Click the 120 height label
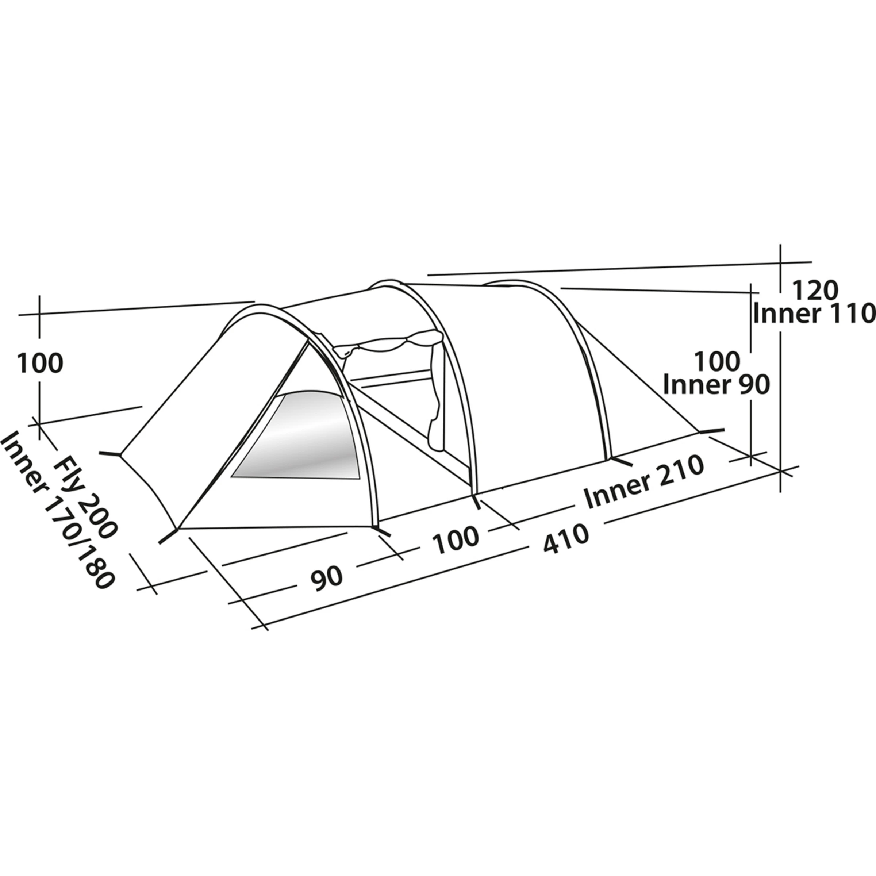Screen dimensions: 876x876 coord(815,290)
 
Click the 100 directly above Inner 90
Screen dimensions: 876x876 coord(717,362)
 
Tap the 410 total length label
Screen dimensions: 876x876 coord(566,539)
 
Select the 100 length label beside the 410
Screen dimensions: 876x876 coord(456,540)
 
